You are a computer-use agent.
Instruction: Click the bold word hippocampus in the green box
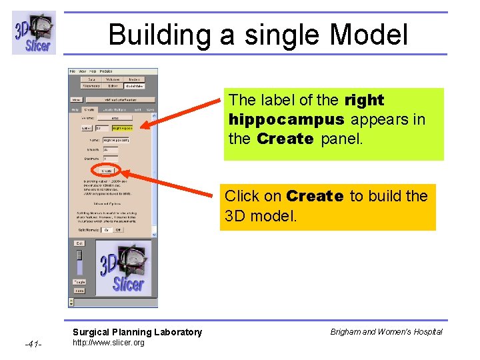pos(287,120)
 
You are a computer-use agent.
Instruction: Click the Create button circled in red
pos(107,170)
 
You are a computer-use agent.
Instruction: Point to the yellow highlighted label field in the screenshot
pos(122,127)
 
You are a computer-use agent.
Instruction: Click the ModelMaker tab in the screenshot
pos(134,85)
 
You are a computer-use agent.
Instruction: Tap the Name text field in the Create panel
pos(116,140)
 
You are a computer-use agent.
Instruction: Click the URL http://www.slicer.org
pos(108,343)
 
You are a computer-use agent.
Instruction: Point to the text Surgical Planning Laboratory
pos(137,332)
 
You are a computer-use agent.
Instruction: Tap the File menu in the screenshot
pos(73,71)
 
